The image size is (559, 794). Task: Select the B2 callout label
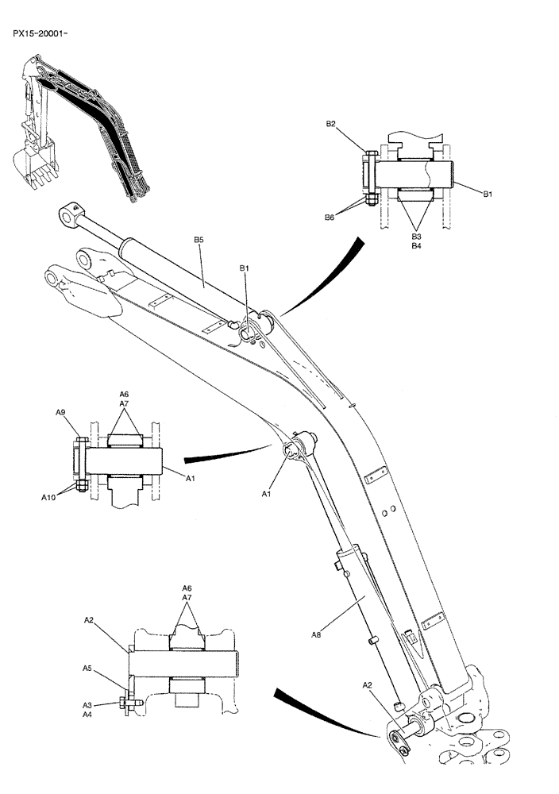[x=332, y=124]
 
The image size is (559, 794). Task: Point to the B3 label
[x=415, y=236]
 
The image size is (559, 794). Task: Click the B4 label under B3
[x=415, y=246]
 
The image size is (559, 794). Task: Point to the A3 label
[x=88, y=704]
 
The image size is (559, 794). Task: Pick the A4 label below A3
[x=88, y=715]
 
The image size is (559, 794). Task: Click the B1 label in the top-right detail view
[x=487, y=193]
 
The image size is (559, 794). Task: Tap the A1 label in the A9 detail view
[x=191, y=478]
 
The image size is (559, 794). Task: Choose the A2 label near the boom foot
[x=368, y=684]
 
